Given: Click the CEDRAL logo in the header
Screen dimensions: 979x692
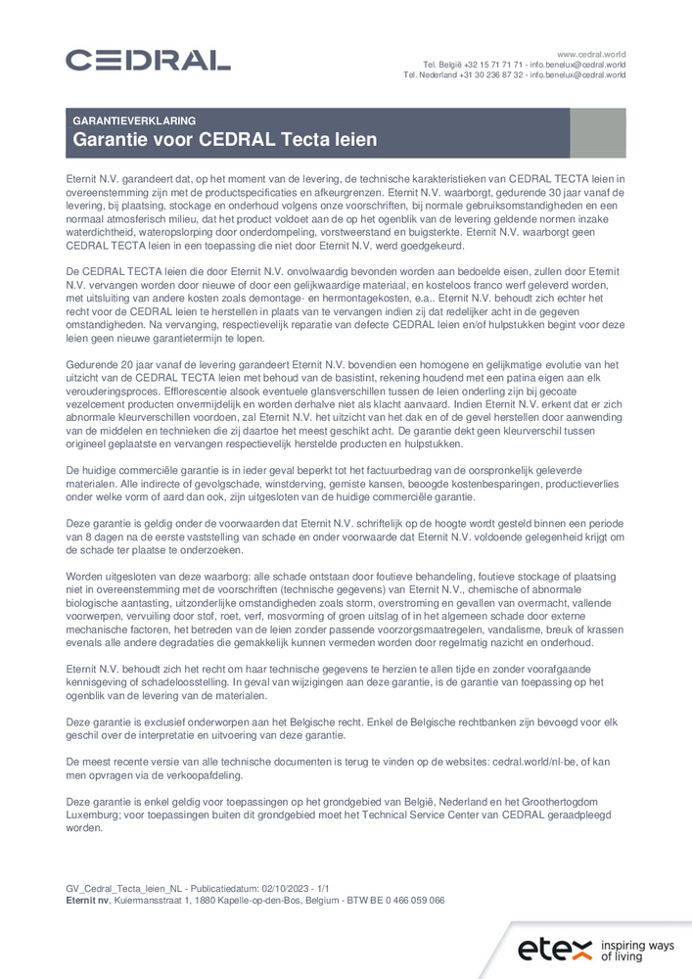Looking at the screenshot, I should click(148, 61).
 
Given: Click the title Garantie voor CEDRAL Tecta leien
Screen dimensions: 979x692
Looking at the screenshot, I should click(224, 140).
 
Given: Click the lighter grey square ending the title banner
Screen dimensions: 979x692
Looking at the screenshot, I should click(597, 132).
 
